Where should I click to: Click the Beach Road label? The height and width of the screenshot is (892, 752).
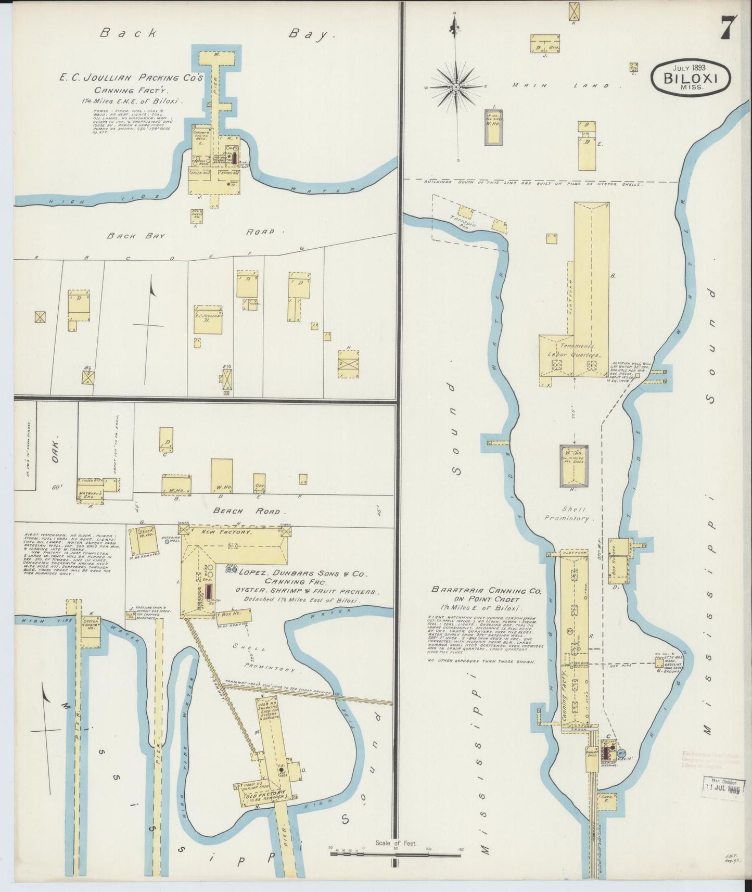pyautogui.click(x=249, y=512)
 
